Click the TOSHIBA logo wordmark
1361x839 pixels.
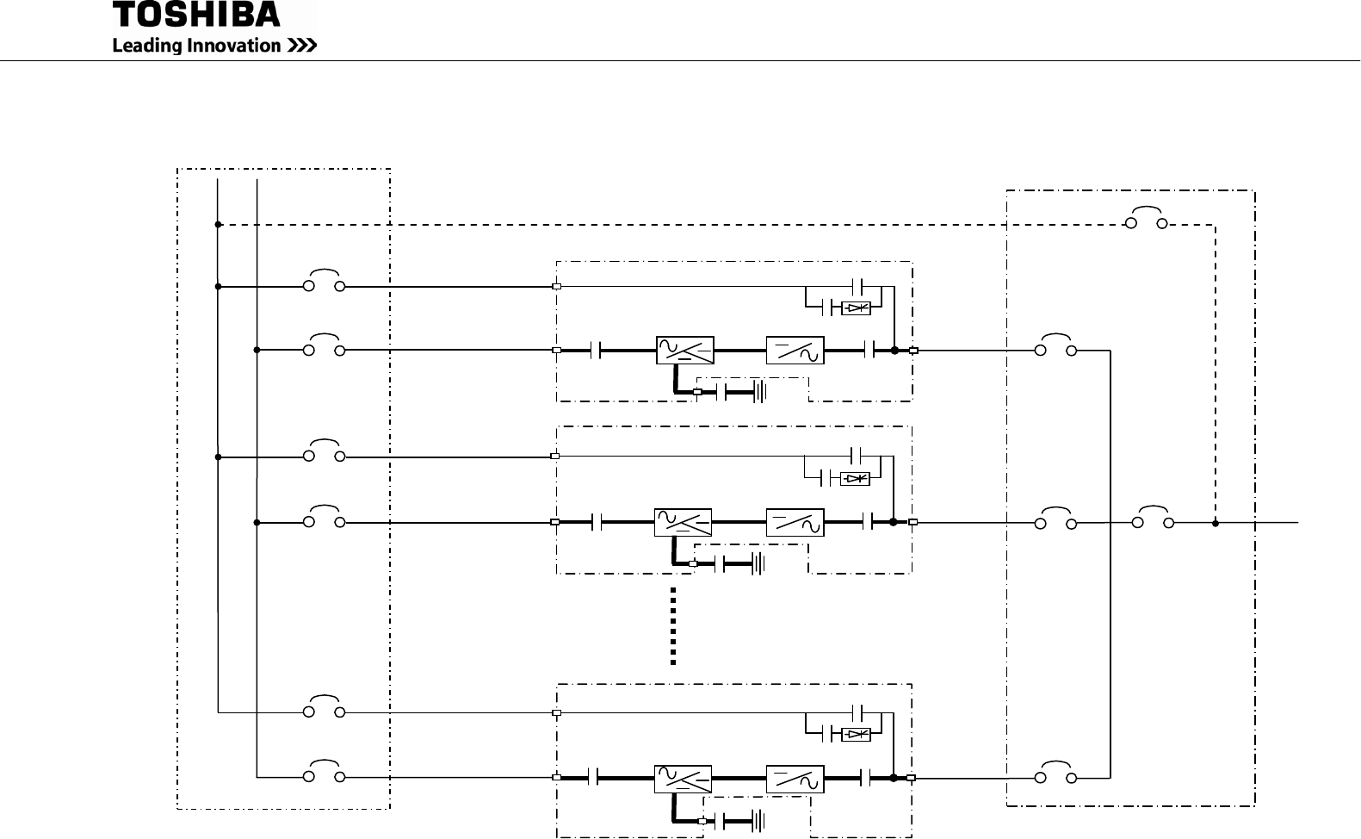pyautogui.click(x=196, y=15)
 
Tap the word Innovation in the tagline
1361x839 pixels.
pyautogui.click(x=233, y=46)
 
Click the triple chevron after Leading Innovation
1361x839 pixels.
pyautogui.click(x=302, y=46)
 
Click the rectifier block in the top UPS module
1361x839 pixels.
pyautogui.click(x=684, y=351)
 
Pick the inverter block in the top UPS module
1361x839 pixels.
pyautogui.click(x=795, y=351)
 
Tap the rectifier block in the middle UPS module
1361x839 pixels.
pyautogui.click(x=683, y=522)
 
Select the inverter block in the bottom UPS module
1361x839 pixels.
pyautogui.click(x=795, y=778)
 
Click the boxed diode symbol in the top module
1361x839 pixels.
pyautogui.click(x=855, y=308)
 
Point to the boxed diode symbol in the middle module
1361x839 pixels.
pyautogui.click(x=855, y=479)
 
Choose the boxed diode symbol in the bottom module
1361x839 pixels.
pyautogui.click(x=855, y=734)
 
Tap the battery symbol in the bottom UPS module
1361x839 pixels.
pyautogui.click(x=758, y=820)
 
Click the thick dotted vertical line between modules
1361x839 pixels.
pyautogui.click(x=673, y=626)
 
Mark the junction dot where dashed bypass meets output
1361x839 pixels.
pyautogui.click(x=1216, y=522)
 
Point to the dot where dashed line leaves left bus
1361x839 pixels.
pyautogui.click(x=219, y=224)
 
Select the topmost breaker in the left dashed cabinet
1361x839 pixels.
pyautogui.click(x=324, y=286)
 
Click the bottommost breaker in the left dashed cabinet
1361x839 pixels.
pyautogui.click(x=324, y=777)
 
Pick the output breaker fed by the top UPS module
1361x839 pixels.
pyautogui.click(x=1056, y=351)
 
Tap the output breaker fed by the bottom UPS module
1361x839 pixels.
pyautogui.click(x=1056, y=778)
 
